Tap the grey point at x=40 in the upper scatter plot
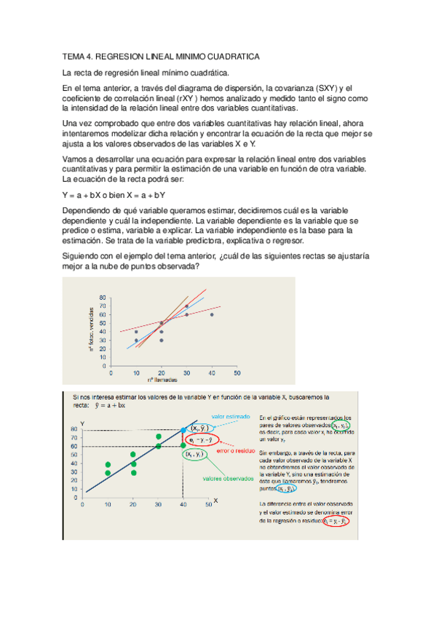click(x=212, y=314)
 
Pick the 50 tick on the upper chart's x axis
click(x=237, y=373)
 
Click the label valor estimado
click(x=229, y=417)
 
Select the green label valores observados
click(x=228, y=479)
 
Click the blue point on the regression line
click(x=183, y=431)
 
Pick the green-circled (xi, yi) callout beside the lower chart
click(x=195, y=454)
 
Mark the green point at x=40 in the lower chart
click(x=183, y=445)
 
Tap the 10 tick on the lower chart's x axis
click(x=108, y=503)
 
